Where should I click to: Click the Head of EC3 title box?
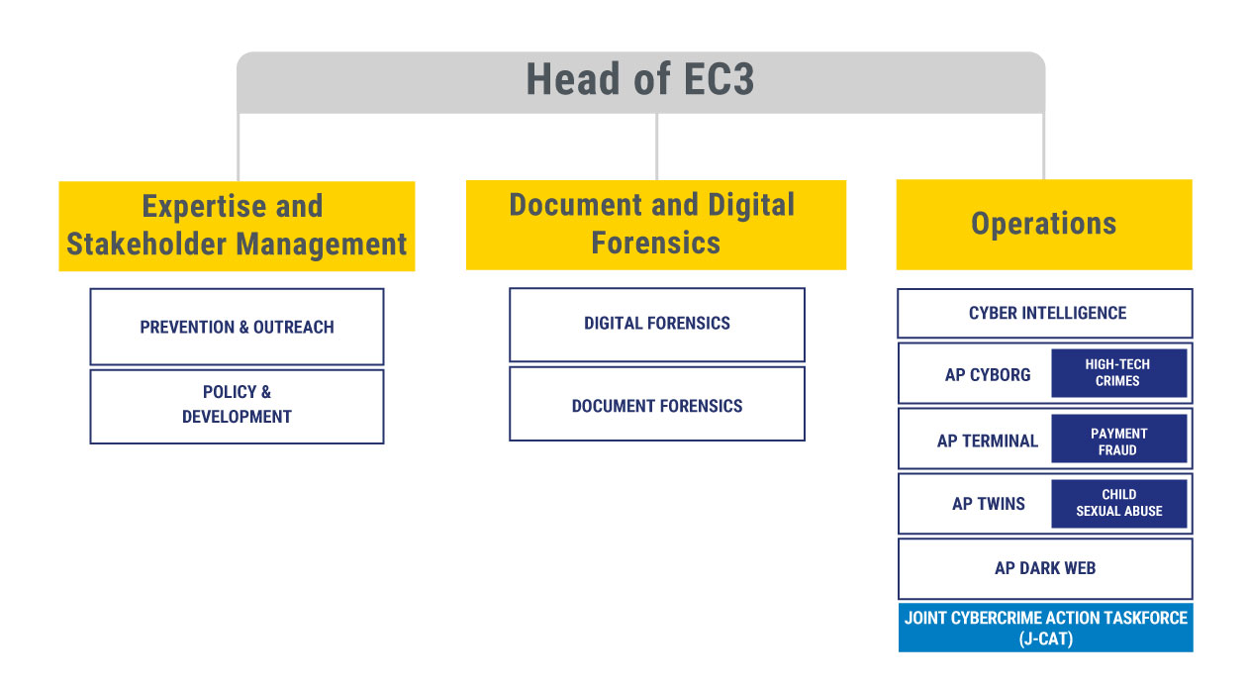pyautogui.click(x=640, y=82)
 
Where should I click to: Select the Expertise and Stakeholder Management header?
pyautogui.click(x=237, y=226)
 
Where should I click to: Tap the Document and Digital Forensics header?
pyautogui.click(x=656, y=225)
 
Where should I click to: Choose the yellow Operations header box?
pyautogui.click(x=1044, y=224)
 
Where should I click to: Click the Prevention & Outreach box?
pyautogui.click(x=237, y=327)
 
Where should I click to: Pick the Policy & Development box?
pyautogui.click(x=237, y=407)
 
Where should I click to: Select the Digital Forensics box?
pyautogui.click(x=657, y=325)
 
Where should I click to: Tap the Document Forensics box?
pyautogui.click(x=657, y=404)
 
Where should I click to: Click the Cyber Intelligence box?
pyautogui.click(x=1045, y=314)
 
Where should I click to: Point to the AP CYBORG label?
pyautogui.click(x=988, y=375)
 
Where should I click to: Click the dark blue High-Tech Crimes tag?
pyautogui.click(x=1119, y=373)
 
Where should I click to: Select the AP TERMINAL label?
pyautogui.click(x=988, y=442)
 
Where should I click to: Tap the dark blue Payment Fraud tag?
pyautogui.click(x=1119, y=439)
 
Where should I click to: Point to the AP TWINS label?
pyautogui.click(x=988, y=504)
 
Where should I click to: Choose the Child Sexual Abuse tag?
pyautogui.click(x=1119, y=504)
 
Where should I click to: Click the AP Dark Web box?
pyautogui.click(x=1045, y=569)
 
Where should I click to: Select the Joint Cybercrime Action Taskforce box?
pyautogui.click(x=1045, y=628)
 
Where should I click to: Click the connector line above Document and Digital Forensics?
pyautogui.click(x=657, y=147)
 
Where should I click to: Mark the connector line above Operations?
pyautogui.click(x=1043, y=147)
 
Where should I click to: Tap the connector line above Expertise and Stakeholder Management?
pyautogui.click(x=239, y=147)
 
